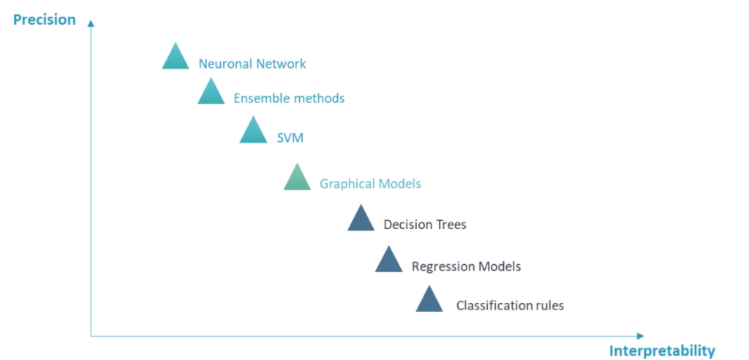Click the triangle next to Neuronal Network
175,58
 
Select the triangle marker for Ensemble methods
211,93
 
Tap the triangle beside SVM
253,132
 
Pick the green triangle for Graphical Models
297,179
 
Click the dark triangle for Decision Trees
361,220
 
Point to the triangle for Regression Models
388,261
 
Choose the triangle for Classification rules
429,301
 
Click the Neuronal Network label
252,64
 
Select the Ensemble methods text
289,98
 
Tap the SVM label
290,138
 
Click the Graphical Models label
370,184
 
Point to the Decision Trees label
425,225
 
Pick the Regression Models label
466,266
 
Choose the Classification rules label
510,306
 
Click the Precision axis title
45,20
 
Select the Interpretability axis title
662,350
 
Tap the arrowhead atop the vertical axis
91,23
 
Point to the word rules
549,306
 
